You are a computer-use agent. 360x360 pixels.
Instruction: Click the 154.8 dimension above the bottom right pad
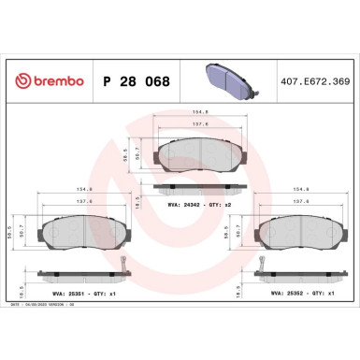click(306, 198)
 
